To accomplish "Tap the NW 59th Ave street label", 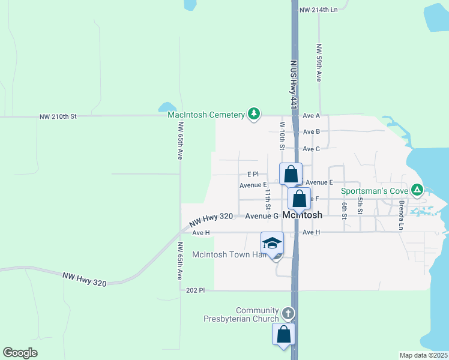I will click(320, 62).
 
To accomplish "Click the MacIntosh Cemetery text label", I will click(206, 115).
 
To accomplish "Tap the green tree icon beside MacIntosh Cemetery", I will click(254, 113).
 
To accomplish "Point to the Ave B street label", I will click(312, 131).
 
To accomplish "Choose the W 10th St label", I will click(282, 135).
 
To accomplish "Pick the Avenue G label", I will click(261, 215).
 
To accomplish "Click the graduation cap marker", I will click(272, 243).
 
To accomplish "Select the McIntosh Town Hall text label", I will click(229, 254).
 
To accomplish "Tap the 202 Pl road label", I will click(196, 290).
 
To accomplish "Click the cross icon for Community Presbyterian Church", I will click(288, 313).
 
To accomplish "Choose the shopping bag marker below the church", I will click(284, 334).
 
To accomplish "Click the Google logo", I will click(20, 353).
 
